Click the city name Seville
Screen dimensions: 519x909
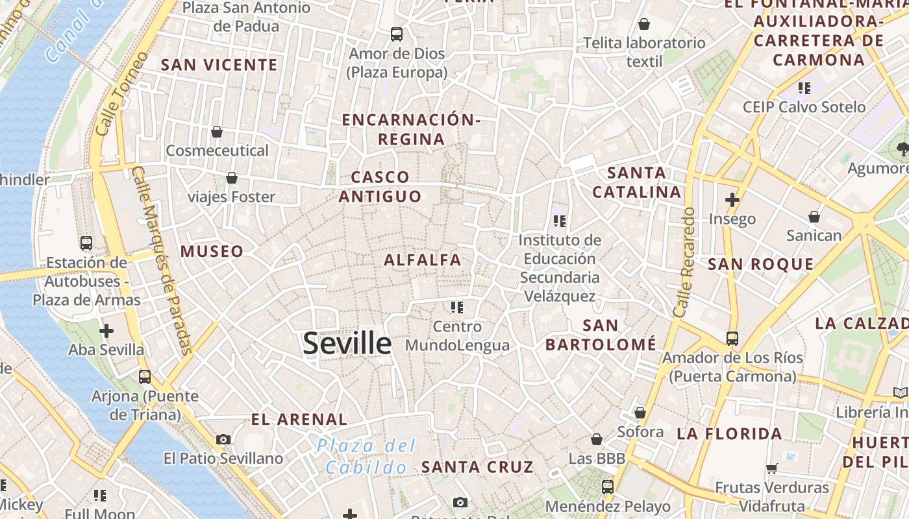point(347,343)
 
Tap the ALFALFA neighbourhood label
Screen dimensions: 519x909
point(423,260)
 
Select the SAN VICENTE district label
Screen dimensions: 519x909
point(219,65)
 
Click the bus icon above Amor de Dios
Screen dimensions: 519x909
point(396,34)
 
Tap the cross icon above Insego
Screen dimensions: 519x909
point(732,199)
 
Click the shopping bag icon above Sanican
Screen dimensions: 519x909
point(814,217)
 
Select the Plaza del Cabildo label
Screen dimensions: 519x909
point(366,456)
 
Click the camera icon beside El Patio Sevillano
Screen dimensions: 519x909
point(223,439)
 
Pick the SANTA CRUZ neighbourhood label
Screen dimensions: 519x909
point(477,466)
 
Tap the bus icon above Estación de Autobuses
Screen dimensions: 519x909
point(86,243)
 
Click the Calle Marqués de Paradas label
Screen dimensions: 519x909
point(162,259)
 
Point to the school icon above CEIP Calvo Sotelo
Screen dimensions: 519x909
point(804,88)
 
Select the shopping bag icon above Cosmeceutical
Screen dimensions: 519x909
point(217,132)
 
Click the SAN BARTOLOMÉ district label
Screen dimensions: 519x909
point(601,335)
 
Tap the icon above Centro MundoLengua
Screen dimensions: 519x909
point(457,307)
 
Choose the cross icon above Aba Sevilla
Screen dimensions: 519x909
point(106,331)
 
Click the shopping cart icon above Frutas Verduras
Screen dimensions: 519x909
point(771,468)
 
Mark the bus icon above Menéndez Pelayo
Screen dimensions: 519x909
point(608,487)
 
